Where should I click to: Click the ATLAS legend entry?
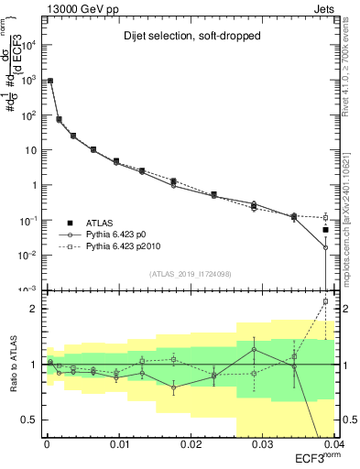coord(106,223)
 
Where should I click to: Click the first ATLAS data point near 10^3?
coord(49,81)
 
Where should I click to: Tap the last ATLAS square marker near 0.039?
coord(325,230)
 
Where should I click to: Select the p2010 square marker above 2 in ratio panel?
coord(325,301)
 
